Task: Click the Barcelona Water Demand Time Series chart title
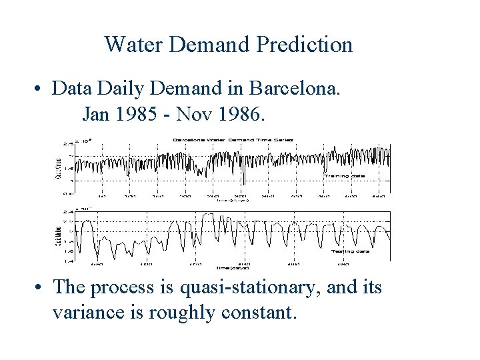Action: click(x=233, y=139)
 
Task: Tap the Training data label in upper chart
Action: click(x=344, y=175)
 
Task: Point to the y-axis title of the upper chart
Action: click(x=58, y=165)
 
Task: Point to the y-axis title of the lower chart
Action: click(x=58, y=236)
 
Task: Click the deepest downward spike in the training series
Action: click(x=244, y=183)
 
